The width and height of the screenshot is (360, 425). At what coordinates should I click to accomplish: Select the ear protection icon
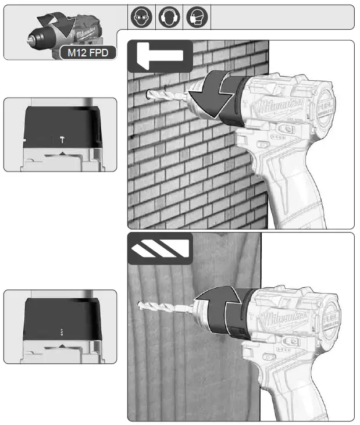(167, 17)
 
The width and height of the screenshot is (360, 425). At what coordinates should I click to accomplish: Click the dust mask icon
(195, 17)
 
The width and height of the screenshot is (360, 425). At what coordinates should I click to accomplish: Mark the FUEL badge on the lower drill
(329, 315)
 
